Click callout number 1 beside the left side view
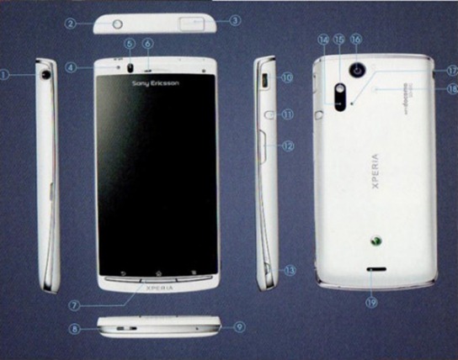tap(6, 74)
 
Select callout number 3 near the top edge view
tap(235, 20)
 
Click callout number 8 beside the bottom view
tap(74, 329)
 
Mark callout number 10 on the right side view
tap(286, 77)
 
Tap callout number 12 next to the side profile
tap(287, 146)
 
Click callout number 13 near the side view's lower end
tap(290, 270)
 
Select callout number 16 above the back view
tap(356, 39)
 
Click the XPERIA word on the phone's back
tap(376, 173)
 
